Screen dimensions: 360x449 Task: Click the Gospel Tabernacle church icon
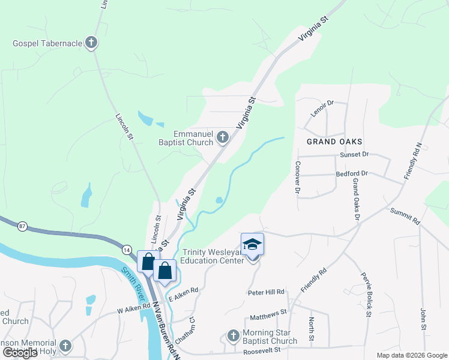(91, 43)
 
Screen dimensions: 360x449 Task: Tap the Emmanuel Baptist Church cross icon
(222, 138)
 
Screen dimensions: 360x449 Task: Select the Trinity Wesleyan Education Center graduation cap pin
(252, 245)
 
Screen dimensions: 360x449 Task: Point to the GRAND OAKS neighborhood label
(334, 142)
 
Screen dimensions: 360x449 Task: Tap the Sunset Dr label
(354, 154)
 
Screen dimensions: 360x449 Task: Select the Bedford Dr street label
(352, 174)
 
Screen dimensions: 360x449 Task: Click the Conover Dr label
(297, 178)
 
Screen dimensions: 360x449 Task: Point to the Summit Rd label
(405, 216)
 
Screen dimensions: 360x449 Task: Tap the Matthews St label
(268, 314)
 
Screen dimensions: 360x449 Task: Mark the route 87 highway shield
(23, 226)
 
